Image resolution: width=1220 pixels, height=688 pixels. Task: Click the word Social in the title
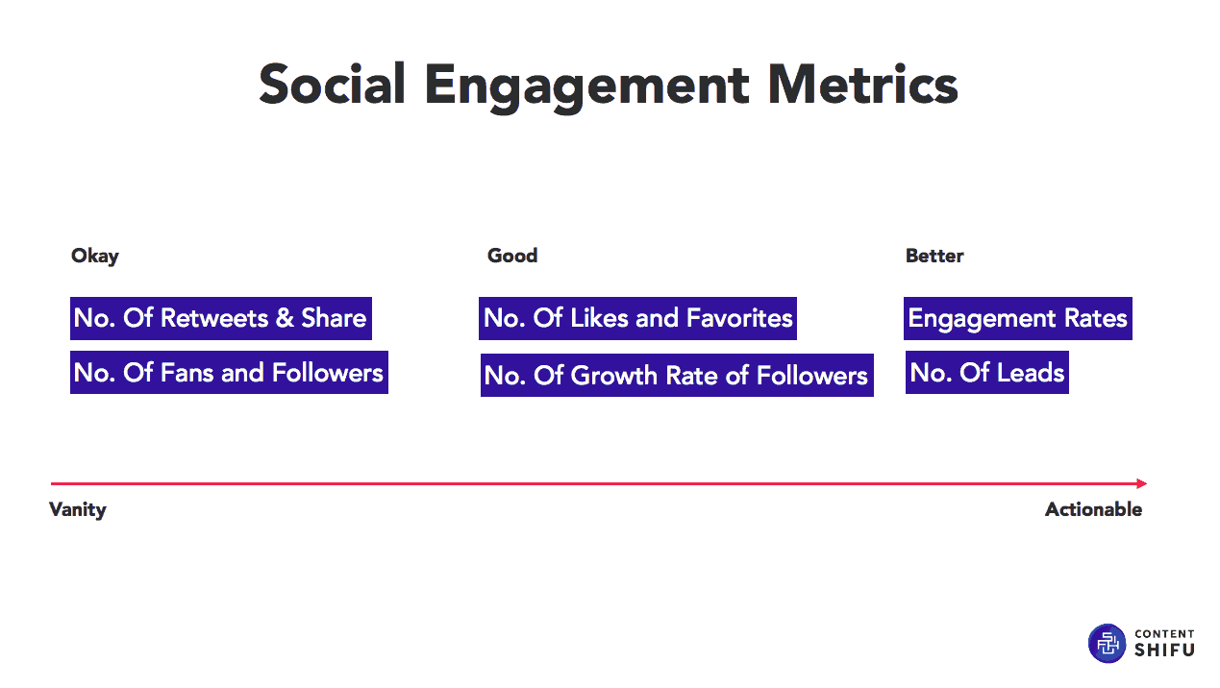pyautogui.click(x=333, y=85)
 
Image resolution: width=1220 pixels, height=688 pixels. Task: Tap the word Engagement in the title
pyautogui.click(x=587, y=87)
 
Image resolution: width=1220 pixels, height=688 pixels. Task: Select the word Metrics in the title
pyautogui.click(x=862, y=85)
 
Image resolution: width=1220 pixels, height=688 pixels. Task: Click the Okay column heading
pyautogui.click(x=95, y=257)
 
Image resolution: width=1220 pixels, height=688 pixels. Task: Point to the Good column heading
pyautogui.click(x=512, y=256)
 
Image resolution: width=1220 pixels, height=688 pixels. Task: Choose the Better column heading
pyautogui.click(x=934, y=256)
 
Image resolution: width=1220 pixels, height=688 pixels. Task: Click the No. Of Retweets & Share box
pyautogui.click(x=221, y=318)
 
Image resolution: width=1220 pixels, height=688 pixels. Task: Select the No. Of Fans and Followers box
pyautogui.click(x=230, y=372)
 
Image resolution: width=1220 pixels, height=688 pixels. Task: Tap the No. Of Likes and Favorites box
pyautogui.click(x=637, y=318)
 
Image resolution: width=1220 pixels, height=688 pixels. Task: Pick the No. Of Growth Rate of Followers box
pyautogui.click(x=677, y=375)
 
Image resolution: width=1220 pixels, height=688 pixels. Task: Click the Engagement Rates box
pyautogui.click(x=1018, y=318)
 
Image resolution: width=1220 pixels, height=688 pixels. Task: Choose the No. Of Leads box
pyautogui.click(x=987, y=372)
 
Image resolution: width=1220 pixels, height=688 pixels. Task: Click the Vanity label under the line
pyautogui.click(x=78, y=510)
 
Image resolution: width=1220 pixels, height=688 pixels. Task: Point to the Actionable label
pyautogui.click(x=1094, y=509)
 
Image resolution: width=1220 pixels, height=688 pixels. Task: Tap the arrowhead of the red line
pyautogui.click(x=1142, y=483)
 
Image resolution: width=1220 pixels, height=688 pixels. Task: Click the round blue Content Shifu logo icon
pyautogui.click(x=1107, y=644)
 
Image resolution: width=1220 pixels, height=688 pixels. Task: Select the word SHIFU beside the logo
pyautogui.click(x=1165, y=650)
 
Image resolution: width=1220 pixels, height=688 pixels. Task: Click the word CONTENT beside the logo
pyautogui.click(x=1165, y=634)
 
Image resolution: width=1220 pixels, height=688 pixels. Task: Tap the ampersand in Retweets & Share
pyautogui.click(x=285, y=318)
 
